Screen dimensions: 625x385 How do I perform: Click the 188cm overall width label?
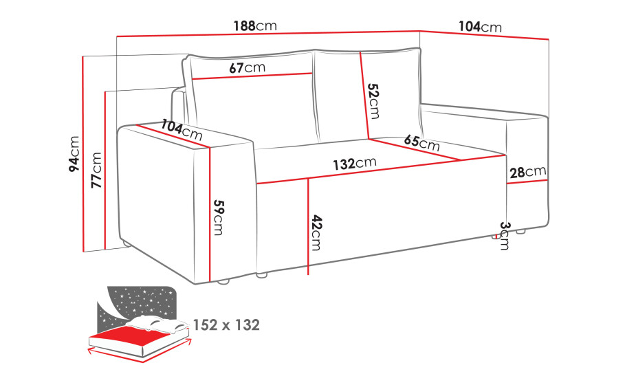pyautogui.click(x=255, y=26)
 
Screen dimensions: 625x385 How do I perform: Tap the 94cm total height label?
pyautogui.click(x=74, y=154)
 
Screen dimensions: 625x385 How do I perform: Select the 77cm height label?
pyautogui.click(x=96, y=170)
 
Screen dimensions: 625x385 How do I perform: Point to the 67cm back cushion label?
pyautogui.click(x=247, y=67)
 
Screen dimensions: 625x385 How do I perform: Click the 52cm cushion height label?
pyautogui.click(x=373, y=101)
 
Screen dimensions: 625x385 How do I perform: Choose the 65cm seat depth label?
pyautogui.click(x=421, y=143)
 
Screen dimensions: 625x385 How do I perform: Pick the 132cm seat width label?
pyautogui.click(x=355, y=163)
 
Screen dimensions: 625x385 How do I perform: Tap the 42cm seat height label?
pyautogui.click(x=316, y=233)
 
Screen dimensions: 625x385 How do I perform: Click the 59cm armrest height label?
pyautogui.click(x=219, y=217)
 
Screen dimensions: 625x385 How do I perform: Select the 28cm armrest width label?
pyautogui.click(x=528, y=172)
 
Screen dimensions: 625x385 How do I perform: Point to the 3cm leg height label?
pyautogui.click(x=505, y=236)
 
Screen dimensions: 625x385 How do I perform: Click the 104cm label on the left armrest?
pyautogui.click(x=182, y=129)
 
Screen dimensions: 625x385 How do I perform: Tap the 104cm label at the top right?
pyautogui.click(x=480, y=27)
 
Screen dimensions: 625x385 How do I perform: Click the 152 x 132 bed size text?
pyautogui.click(x=226, y=325)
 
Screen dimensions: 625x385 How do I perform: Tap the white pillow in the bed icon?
pyautogui.click(x=160, y=323)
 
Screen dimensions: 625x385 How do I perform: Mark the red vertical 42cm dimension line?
pyautogui.click(x=309, y=227)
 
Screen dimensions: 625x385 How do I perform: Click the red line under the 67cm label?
pyautogui.click(x=252, y=76)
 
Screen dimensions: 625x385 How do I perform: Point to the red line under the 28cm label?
pyautogui.click(x=527, y=181)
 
